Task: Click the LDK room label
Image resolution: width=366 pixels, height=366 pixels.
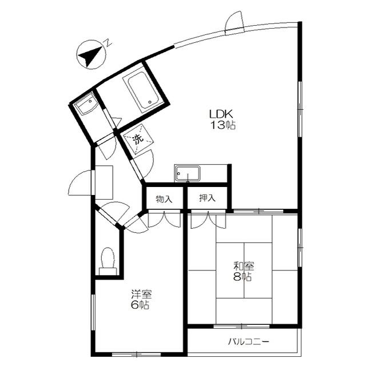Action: pyautogui.click(x=221, y=114)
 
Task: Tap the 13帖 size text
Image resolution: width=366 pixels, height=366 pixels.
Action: pyautogui.click(x=223, y=125)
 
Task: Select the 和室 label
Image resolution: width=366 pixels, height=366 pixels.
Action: pyautogui.click(x=244, y=266)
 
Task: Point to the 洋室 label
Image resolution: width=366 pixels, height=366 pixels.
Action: pyautogui.click(x=141, y=294)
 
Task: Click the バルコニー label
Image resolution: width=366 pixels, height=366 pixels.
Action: pyautogui.click(x=248, y=342)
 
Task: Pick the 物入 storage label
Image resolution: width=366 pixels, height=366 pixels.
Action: pyautogui.click(x=164, y=199)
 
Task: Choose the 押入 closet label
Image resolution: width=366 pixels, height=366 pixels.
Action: pyautogui.click(x=207, y=198)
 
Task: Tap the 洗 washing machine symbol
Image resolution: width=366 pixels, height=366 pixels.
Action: pyautogui.click(x=138, y=140)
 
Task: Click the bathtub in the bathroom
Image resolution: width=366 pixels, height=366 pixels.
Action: pyautogui.click(x=141, y=90)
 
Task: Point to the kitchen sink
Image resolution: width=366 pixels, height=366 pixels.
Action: pyautogui.click(x=188, y=173)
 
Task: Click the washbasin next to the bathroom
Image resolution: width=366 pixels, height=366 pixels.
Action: pyautogui.click(x=86, y=106)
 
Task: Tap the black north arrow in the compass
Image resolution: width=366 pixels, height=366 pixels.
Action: pyautogui.click(x=90, y=56)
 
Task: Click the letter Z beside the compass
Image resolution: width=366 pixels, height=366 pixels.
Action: pyautogui.click(x=108, y=43)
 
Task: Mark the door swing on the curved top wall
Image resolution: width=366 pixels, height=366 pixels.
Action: pyautogui.click(x=234, y=22)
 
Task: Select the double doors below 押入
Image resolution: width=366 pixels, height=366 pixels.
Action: pyautogui.click(x=208, y=220)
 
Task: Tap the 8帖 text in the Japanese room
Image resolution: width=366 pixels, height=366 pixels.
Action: pyautogui.click(x=242, y=277)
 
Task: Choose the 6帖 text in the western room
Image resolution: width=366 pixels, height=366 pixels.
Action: pyautogui.click(x=140, y=305)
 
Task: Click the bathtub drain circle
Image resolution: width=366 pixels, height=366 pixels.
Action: pyautogui.click(x=150, y=102)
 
